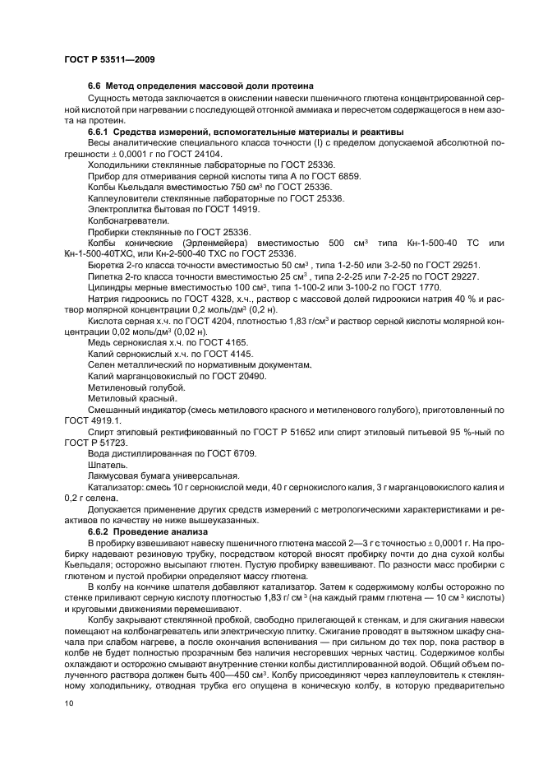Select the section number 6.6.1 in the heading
[98, 132]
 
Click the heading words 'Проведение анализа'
[159, 531]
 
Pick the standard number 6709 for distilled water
[240, 453]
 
